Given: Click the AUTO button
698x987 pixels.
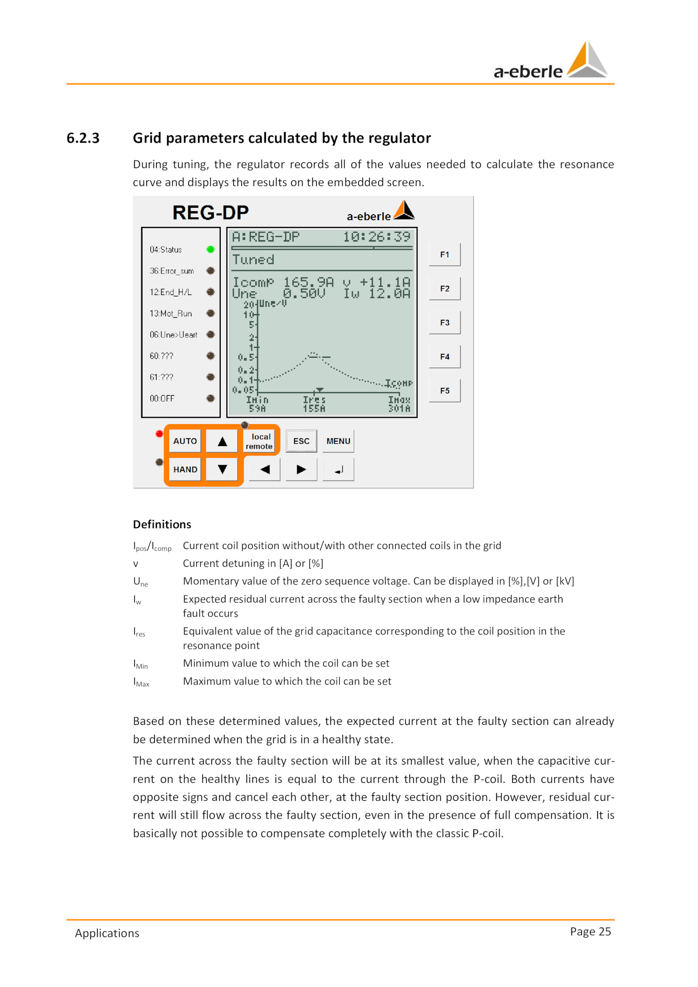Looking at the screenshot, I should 185,441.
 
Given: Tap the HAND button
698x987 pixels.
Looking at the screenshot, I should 185,469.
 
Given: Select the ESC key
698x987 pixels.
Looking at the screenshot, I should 301,441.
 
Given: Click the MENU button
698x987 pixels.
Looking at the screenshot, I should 338,441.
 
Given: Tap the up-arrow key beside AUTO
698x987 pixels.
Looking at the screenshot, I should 222,441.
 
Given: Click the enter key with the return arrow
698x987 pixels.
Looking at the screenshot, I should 338,470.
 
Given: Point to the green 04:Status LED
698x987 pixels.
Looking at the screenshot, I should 211,249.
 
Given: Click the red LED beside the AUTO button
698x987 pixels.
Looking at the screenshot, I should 159,434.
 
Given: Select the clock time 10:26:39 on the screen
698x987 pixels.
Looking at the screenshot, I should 376,237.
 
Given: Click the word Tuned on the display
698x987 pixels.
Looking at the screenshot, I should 253,260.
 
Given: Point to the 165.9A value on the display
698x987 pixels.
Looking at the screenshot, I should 308,282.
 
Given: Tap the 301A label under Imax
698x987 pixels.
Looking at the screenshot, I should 399,408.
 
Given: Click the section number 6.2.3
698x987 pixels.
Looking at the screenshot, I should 83,138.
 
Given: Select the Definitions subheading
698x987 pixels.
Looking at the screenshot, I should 162,524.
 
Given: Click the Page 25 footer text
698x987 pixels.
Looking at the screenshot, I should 590,931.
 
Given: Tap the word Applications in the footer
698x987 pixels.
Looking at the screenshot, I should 107,933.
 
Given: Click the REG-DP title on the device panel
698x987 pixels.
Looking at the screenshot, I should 210,212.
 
